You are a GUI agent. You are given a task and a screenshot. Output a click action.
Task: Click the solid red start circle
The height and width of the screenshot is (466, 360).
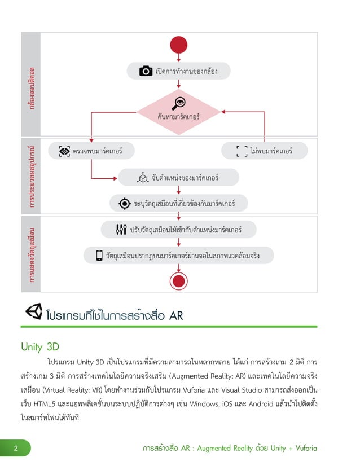pos(178,45)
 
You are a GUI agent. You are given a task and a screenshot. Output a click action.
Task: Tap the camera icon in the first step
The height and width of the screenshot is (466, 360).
pos(146,71)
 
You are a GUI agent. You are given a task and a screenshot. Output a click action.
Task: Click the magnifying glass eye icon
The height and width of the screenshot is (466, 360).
pos(179,102)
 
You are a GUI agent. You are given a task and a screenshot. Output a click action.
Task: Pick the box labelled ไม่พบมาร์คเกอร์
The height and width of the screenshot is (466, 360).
pos(264,151)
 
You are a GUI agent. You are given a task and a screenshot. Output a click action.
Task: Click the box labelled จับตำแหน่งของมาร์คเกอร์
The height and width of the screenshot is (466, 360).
pos(178,178)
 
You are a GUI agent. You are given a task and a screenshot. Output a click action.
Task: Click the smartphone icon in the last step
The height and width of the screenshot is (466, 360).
pos(99,256)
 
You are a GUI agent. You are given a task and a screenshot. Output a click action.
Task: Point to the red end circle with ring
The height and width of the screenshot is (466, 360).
pos(178,280)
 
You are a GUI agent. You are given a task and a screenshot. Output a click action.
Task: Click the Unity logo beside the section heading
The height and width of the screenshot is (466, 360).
pos(33,312)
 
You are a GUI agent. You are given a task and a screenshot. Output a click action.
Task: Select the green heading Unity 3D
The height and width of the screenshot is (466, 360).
pos(39,346)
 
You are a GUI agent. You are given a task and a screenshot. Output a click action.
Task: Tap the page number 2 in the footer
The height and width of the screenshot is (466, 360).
pos(16,449)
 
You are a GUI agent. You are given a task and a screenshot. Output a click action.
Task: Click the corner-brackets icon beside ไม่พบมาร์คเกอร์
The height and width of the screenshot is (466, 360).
pos(242,151)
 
